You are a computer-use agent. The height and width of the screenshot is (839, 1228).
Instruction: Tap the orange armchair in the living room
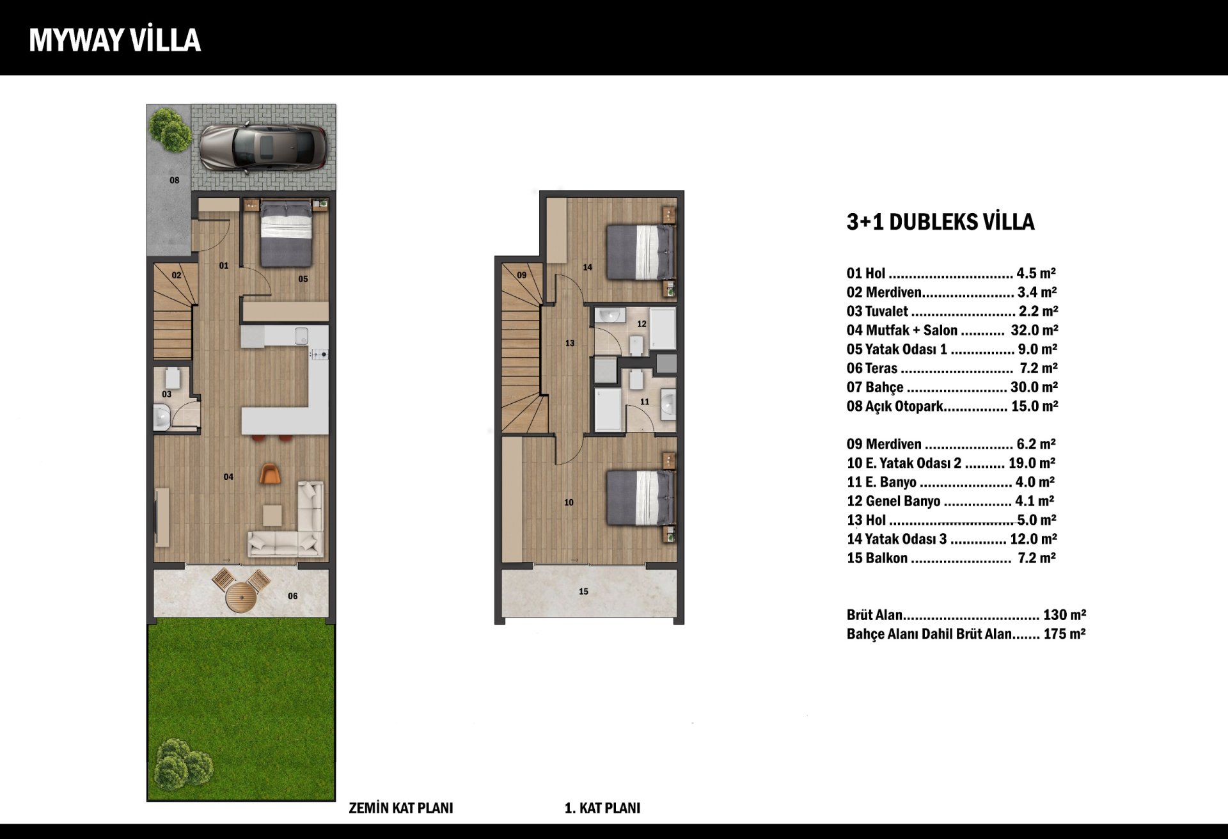pos(271,474)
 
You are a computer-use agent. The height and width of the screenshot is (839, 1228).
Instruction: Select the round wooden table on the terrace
pos(241,596)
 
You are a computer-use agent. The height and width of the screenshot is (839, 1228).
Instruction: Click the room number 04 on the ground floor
pos(228,477)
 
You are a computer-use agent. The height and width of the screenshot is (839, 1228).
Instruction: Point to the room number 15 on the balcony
pos(583,591)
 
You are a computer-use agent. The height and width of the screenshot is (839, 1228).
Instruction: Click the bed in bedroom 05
pos(286,233)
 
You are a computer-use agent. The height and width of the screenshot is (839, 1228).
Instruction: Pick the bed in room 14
pos(640,252)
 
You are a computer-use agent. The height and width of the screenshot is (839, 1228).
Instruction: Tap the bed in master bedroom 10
pos(640,498)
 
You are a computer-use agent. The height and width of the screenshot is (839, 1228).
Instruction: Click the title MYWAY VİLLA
pos(115,40)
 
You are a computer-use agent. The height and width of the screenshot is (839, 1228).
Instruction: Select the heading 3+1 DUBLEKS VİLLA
pos(940,221)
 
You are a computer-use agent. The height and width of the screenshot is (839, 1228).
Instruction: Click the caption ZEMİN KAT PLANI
pos(401,808)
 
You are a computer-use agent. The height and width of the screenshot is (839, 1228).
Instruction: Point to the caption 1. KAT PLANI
pos(602,808)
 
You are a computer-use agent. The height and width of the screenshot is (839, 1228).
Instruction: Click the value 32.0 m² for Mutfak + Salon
pos(1034,330)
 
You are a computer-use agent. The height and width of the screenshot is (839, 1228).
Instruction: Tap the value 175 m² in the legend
pos(1065,634)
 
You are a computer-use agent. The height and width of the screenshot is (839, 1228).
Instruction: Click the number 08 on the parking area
pos(174,180)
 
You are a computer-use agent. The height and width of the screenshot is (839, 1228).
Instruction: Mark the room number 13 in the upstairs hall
pos(570,343)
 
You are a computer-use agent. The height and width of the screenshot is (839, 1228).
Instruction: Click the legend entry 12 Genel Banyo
pos(893,501)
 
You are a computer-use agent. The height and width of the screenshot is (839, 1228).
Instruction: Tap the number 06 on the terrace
pos(292,596)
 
